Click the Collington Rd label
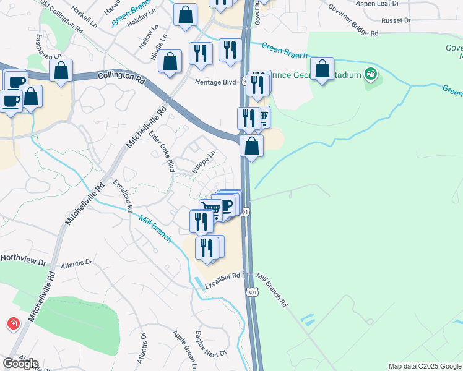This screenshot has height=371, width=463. tap(121, 79)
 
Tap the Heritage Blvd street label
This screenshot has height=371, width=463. tap(216, 82)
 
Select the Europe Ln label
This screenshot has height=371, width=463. tap(203, 163)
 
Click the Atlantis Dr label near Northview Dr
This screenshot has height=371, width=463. tap(76, 263)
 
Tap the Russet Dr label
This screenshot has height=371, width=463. tap(396, 20)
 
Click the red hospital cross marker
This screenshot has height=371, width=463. tap(12, 323)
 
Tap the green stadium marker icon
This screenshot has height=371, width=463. tap(371, 75)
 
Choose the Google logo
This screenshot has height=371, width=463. tap(20, 363)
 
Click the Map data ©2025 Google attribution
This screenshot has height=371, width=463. tap(425, 366)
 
